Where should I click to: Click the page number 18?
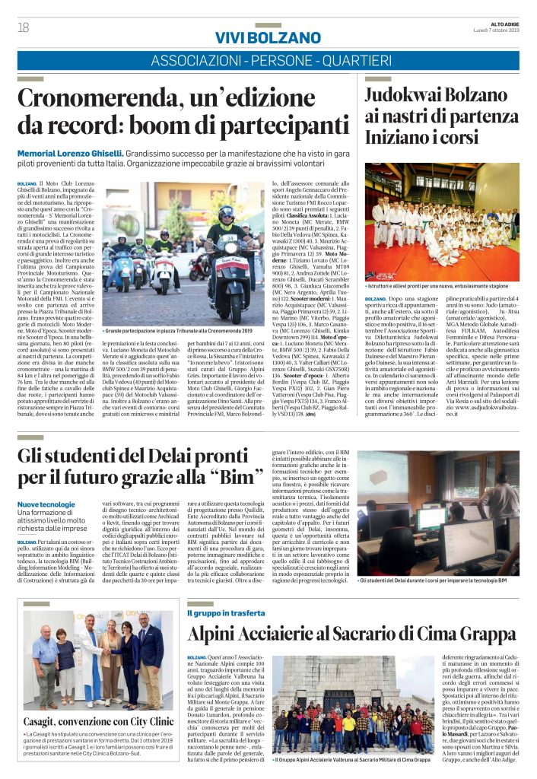(22, 27)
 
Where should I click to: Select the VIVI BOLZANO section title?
(268, 38)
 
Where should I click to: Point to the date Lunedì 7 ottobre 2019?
(499, 30)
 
